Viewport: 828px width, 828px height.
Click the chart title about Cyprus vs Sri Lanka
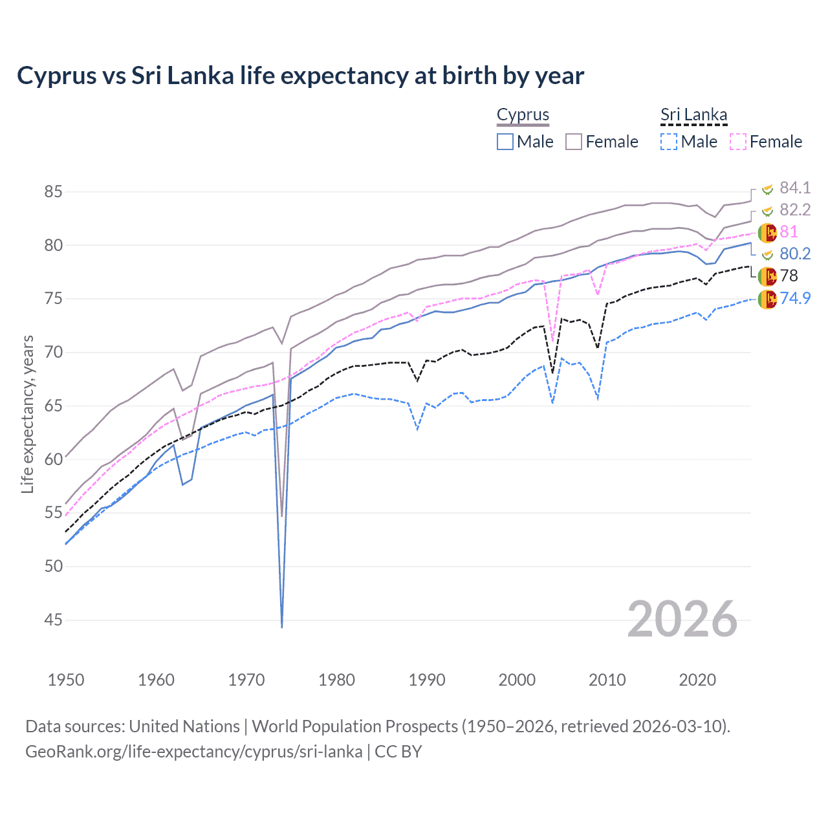point(300,76)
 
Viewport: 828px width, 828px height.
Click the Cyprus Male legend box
point(505,142)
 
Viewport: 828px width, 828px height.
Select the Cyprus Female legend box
point(574,142)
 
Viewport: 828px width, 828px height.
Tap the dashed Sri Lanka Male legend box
point(669,142)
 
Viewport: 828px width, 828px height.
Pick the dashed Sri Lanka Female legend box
point(738,142)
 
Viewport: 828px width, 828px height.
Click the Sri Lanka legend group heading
point(693,115)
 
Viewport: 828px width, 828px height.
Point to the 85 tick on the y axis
point(54,192)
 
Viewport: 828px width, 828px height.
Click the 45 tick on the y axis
point(54,620)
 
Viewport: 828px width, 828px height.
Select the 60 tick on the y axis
point(54,459)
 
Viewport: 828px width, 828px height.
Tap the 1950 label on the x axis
point(66,680)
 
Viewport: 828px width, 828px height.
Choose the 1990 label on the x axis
point(427,680)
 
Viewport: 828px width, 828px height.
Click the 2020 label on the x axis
point(697,680)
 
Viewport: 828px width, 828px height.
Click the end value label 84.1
point(795,188)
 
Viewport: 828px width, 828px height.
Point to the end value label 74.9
point(795,298)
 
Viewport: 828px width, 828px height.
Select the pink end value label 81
point(789,232)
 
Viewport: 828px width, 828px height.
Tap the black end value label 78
point(789,276)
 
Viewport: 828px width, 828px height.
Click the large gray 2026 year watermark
point(682,619)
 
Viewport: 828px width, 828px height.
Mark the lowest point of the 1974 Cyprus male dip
point(282,627)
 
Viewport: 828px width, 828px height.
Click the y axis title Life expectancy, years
point(27,414)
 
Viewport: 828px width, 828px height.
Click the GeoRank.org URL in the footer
point(194,752)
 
